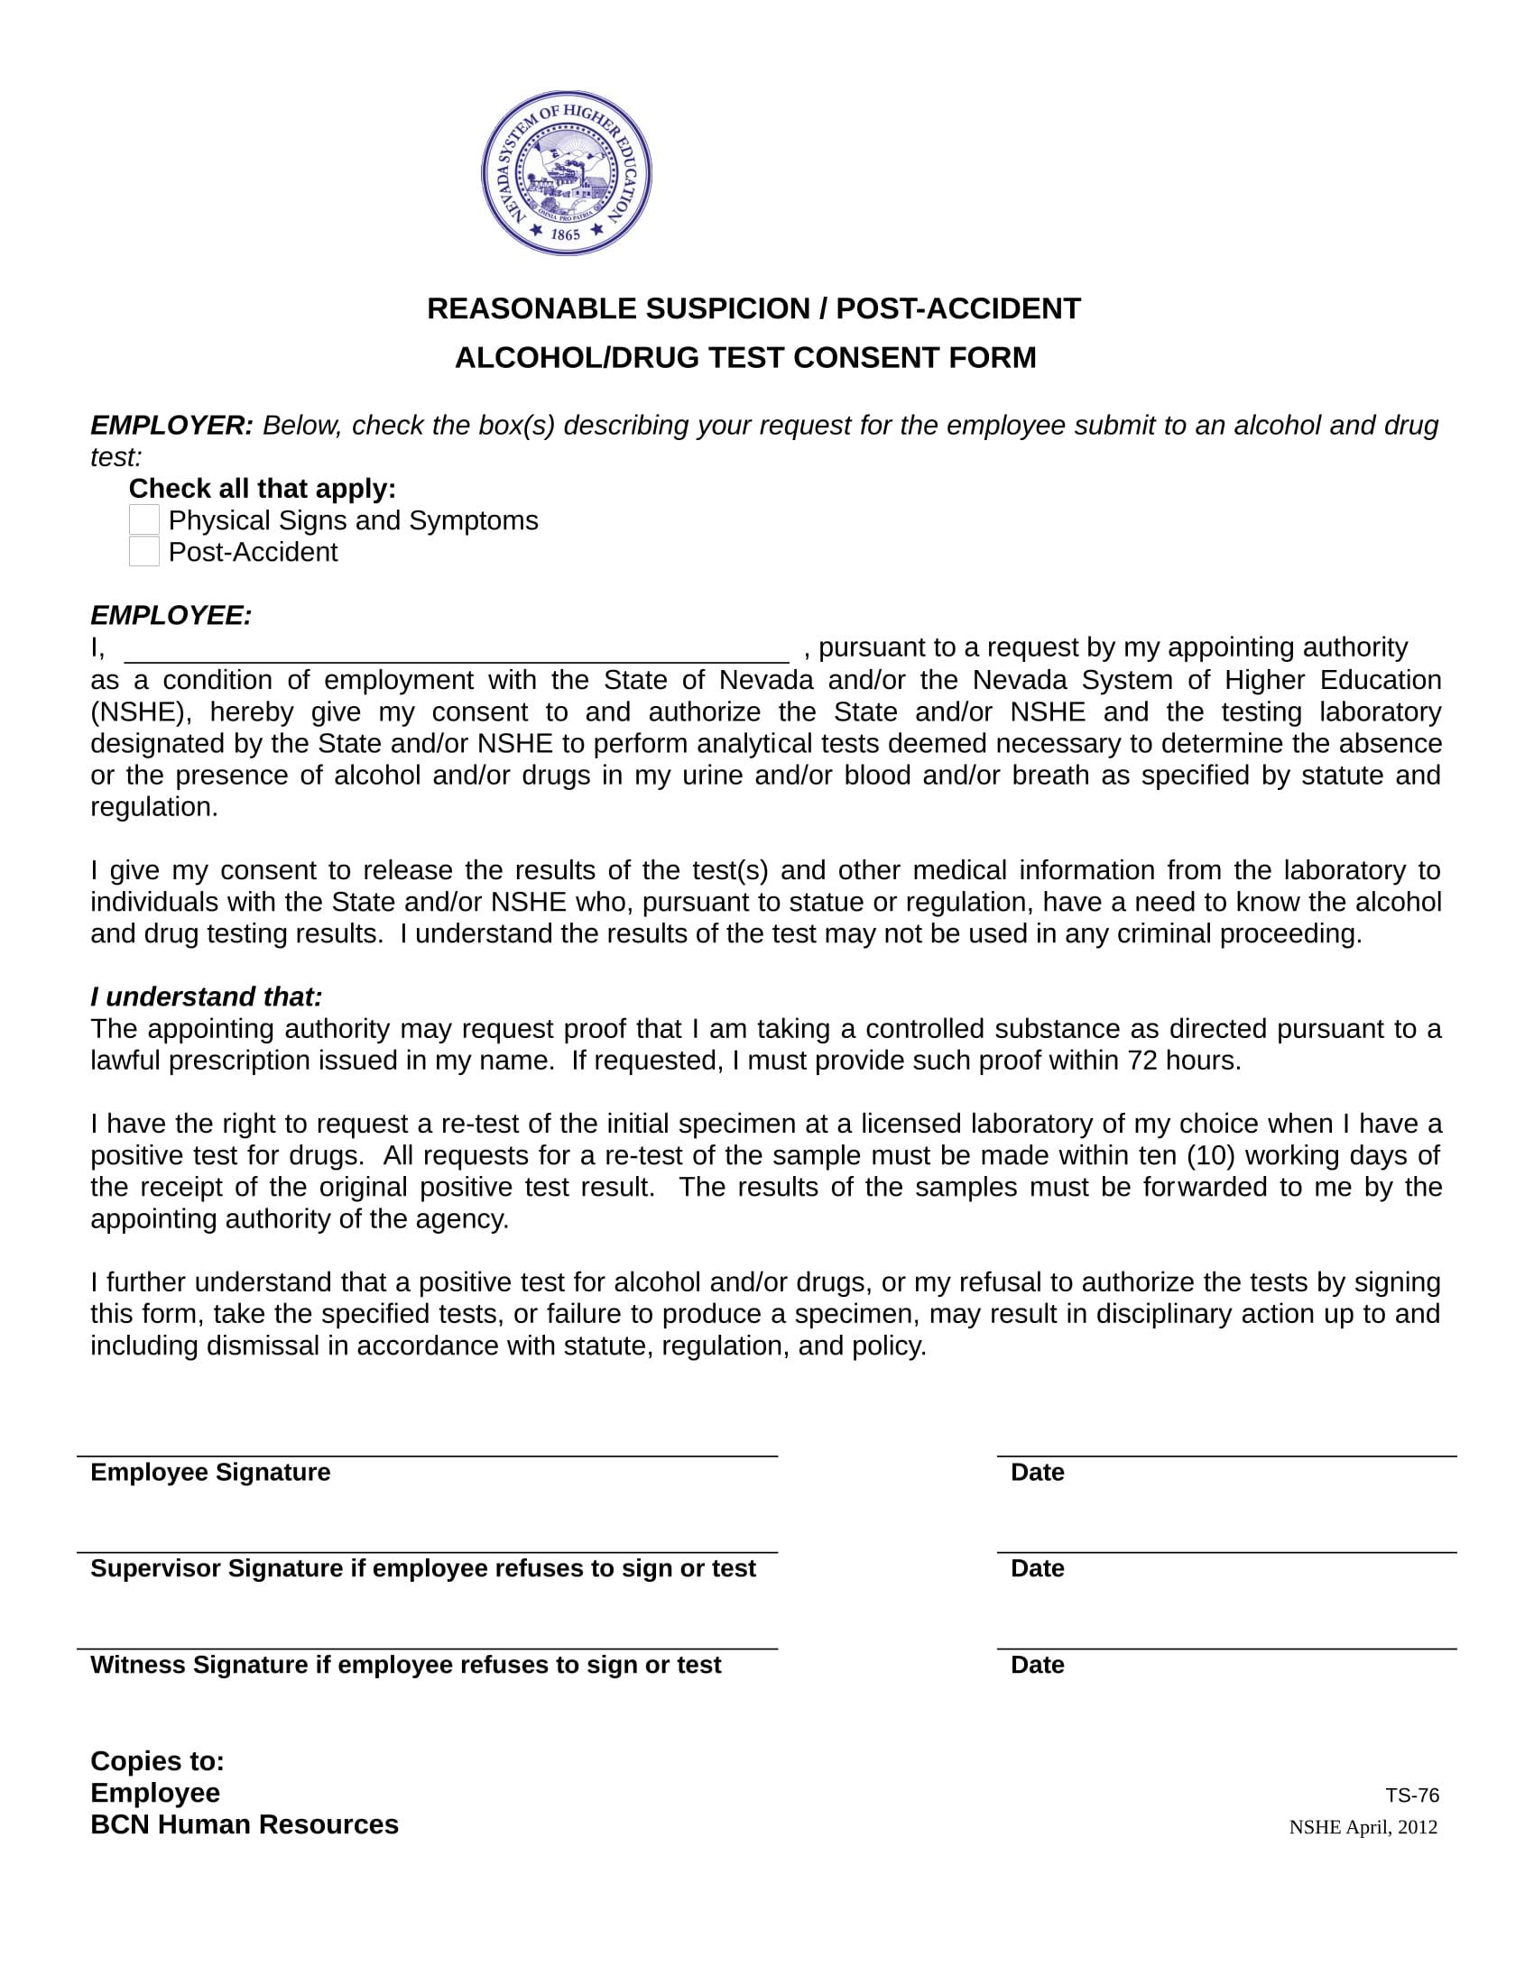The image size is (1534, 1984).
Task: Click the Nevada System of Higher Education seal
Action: coord(566,172)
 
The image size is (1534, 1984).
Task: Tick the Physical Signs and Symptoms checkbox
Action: coord(144,520)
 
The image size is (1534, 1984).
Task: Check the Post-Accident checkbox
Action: coord(144,551)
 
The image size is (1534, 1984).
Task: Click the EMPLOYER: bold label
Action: coord(171,425)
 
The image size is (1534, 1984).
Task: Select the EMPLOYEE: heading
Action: coord(171,616)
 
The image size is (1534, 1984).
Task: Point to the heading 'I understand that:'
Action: coord(207,997)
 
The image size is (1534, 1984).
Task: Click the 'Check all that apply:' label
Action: coord(262,489)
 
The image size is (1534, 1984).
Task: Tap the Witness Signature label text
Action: coord(405,1665)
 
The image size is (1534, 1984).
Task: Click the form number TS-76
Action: coord(1411,1796)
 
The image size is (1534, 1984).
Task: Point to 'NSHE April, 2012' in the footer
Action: coord(1363,1828)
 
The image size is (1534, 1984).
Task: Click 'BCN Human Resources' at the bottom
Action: coord(244,1825)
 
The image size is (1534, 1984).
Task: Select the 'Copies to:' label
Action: coord(157,1761)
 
